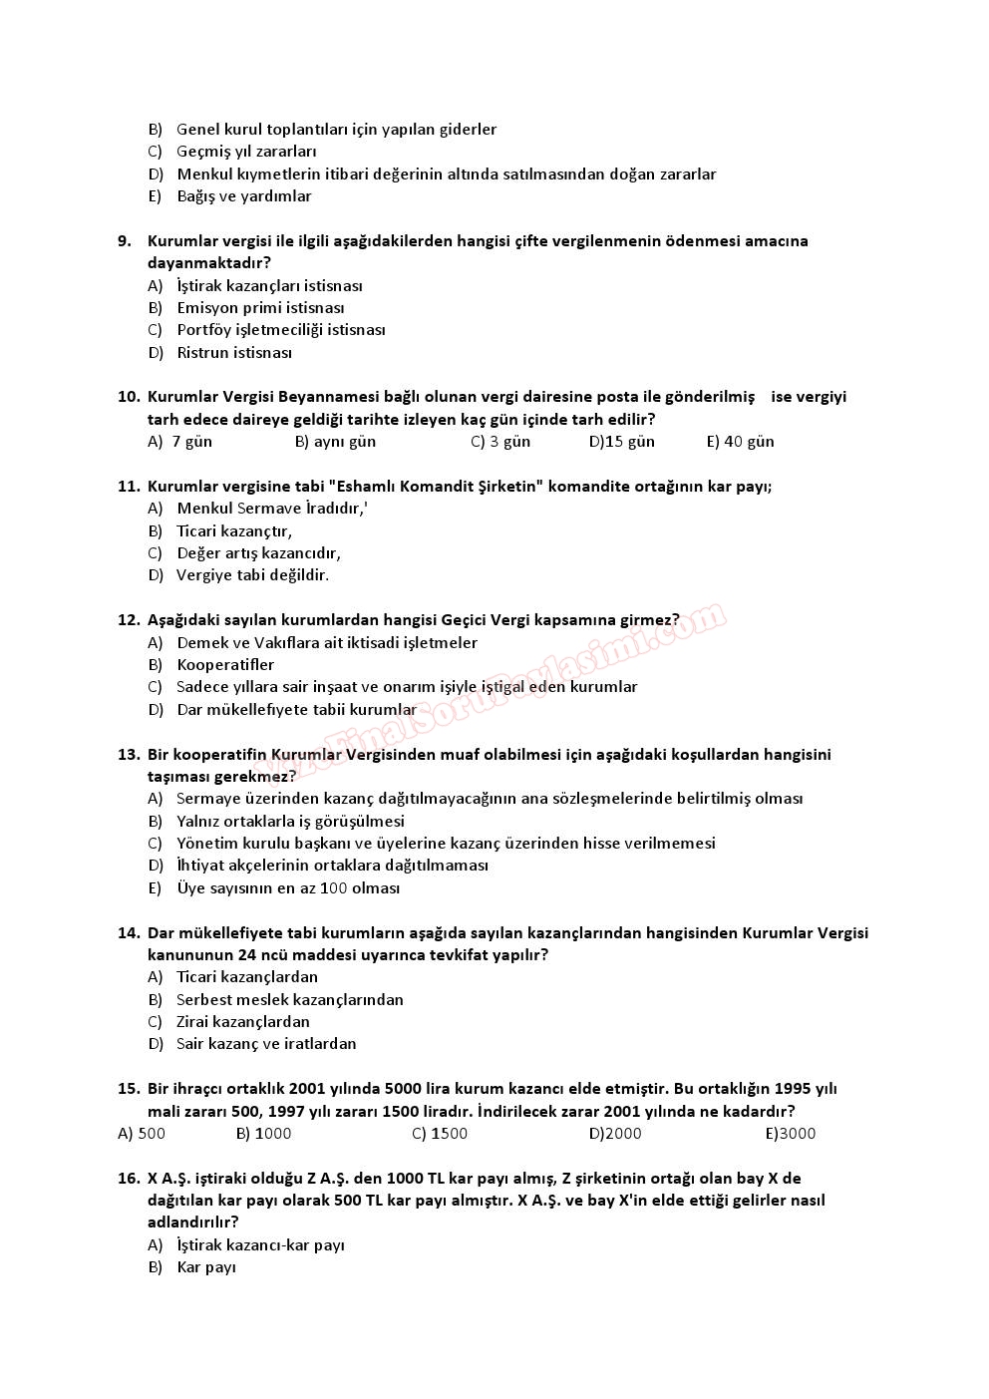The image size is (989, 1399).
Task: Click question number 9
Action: tap(125, 240)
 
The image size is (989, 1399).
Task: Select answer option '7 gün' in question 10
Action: tap(191, 441)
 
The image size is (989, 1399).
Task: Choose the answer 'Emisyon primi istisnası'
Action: tap(260, 307)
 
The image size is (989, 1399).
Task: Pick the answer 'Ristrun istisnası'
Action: tap(234, 352)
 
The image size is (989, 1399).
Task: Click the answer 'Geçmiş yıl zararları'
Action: tap(246, 152)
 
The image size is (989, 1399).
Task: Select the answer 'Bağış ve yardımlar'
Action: tap(244, 195)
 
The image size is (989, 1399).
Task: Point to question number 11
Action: tap(128, 486)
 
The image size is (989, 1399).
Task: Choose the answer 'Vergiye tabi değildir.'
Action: tap(252, 574)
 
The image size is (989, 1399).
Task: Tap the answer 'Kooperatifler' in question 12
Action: tap(225, 664)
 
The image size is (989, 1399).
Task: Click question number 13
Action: tap(128, 754)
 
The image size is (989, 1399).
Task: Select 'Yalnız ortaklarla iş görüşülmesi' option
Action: tap(290, 821)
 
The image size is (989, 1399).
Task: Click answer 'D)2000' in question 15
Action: tap(615, 1133)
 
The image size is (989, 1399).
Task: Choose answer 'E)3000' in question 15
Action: tap(790, 1133)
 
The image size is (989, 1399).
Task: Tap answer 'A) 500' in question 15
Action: tap(142, 1133)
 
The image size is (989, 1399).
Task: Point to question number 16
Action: tap(128, 1178)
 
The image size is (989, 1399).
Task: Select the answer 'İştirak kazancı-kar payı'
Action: tap(260, 1244)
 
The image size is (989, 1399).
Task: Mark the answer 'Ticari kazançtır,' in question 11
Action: tap(234, 530)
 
